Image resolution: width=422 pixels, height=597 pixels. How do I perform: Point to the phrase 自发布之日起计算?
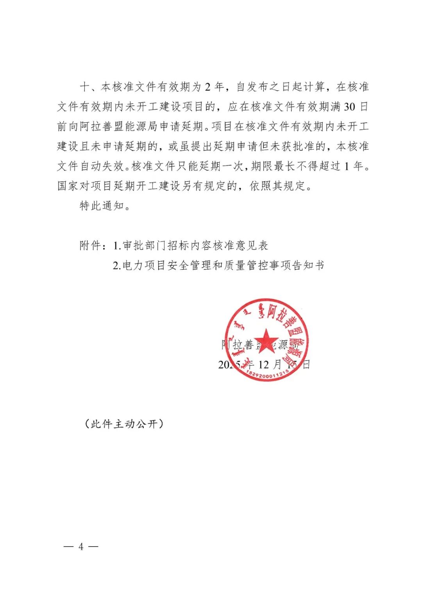click(281, 87)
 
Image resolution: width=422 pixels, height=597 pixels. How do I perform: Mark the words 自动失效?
click(102, 166)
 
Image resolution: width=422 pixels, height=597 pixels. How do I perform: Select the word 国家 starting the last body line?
click(68, 186)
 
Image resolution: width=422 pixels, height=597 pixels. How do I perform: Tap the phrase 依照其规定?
click(277, 186)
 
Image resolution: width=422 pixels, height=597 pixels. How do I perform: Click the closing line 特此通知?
click(102, 206)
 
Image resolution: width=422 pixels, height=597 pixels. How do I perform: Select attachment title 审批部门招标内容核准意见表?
click(195, 246)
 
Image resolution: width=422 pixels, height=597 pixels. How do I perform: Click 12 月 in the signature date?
click(270, 365)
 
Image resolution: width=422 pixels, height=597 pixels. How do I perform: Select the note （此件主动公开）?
click(124, 424)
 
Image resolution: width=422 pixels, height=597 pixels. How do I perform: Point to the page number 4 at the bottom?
click(81, 547)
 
